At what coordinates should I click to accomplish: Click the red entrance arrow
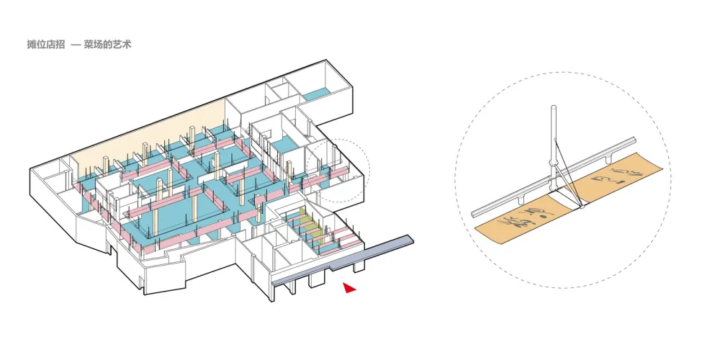click(349, 288)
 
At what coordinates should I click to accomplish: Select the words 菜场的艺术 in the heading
click(107, 45)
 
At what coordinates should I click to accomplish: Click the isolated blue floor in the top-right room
click(315, 94)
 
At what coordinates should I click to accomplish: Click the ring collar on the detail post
click(552, 161)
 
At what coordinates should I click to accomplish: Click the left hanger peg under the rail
click(520, 195)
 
